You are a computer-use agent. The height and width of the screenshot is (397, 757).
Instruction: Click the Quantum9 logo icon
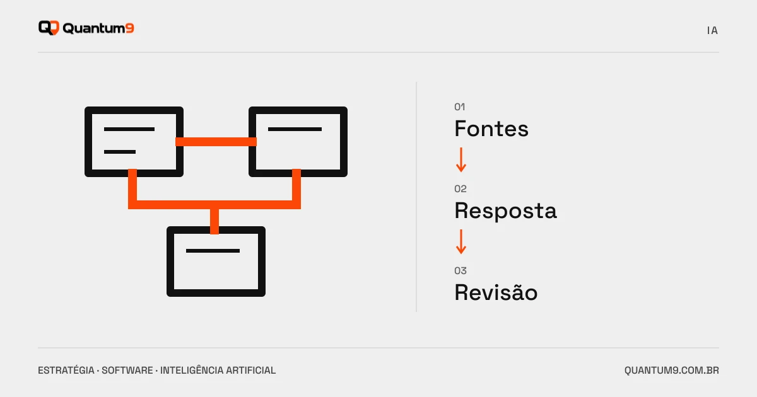49,28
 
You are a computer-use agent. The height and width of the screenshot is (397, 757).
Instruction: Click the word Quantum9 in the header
98,28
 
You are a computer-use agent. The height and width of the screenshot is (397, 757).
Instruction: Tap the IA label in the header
712,31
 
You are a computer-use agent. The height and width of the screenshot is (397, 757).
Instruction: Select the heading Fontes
491,129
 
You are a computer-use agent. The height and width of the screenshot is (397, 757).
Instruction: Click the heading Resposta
505,211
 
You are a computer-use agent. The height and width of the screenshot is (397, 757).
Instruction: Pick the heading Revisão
496,292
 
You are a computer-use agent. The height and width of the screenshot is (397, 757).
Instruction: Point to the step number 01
460,107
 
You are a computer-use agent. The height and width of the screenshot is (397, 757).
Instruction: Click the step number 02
461,188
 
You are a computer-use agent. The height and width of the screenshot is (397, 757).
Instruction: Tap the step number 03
461,271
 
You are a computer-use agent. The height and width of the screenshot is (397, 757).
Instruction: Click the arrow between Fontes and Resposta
461,159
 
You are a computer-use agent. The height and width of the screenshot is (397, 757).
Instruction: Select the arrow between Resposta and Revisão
461,242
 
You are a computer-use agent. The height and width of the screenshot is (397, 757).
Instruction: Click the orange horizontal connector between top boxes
216,142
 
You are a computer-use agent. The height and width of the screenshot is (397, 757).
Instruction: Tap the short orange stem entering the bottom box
214,221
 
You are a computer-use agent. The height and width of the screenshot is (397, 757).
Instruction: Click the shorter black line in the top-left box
120,152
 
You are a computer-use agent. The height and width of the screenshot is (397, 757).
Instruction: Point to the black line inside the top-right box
295,129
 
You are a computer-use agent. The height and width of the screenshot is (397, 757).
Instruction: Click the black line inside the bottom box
213,251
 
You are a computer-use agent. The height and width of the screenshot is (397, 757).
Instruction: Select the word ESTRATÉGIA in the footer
66,371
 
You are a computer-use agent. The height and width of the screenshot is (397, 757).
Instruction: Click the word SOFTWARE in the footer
127,371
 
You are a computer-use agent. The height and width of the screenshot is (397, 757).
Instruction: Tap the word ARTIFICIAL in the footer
251,371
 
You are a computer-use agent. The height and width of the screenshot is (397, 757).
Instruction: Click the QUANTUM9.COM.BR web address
671,371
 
